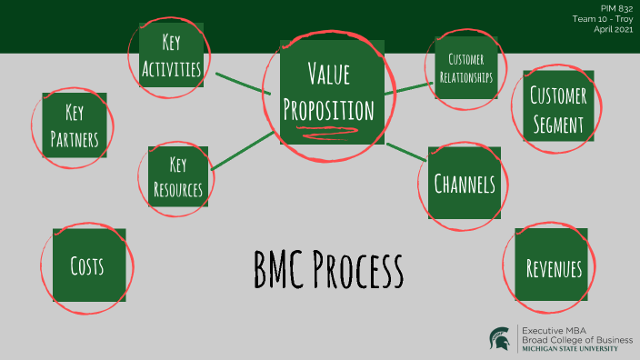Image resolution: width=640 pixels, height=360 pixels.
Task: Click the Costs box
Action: pyautogui.click(x=88, y=266)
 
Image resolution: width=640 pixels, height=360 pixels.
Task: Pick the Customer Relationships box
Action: pyautogui.click(x=460, y=68)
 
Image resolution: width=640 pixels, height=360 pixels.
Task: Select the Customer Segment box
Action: pyautogui.click(x=557, y=108)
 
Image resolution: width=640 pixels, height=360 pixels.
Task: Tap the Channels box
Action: pyautogui.click(x=464, y=184)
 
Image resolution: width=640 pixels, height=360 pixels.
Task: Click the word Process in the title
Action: pyautogui.click(x=358, y=269)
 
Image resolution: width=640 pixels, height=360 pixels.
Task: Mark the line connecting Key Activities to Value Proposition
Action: pyautogui.click(x=241, y=80)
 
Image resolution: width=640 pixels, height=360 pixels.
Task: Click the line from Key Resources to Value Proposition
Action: pyautogui.click(x=240, y=150)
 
